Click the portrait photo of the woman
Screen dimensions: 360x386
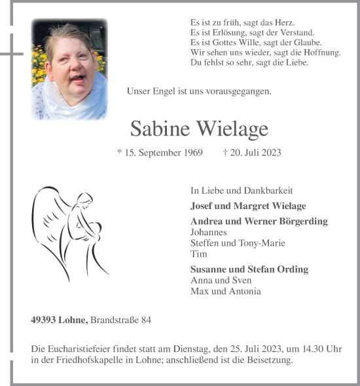69,69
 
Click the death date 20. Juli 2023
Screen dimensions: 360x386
256,153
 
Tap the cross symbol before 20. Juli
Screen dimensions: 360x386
225,153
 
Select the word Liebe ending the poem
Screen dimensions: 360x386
296,62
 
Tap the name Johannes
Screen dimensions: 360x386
209,232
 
